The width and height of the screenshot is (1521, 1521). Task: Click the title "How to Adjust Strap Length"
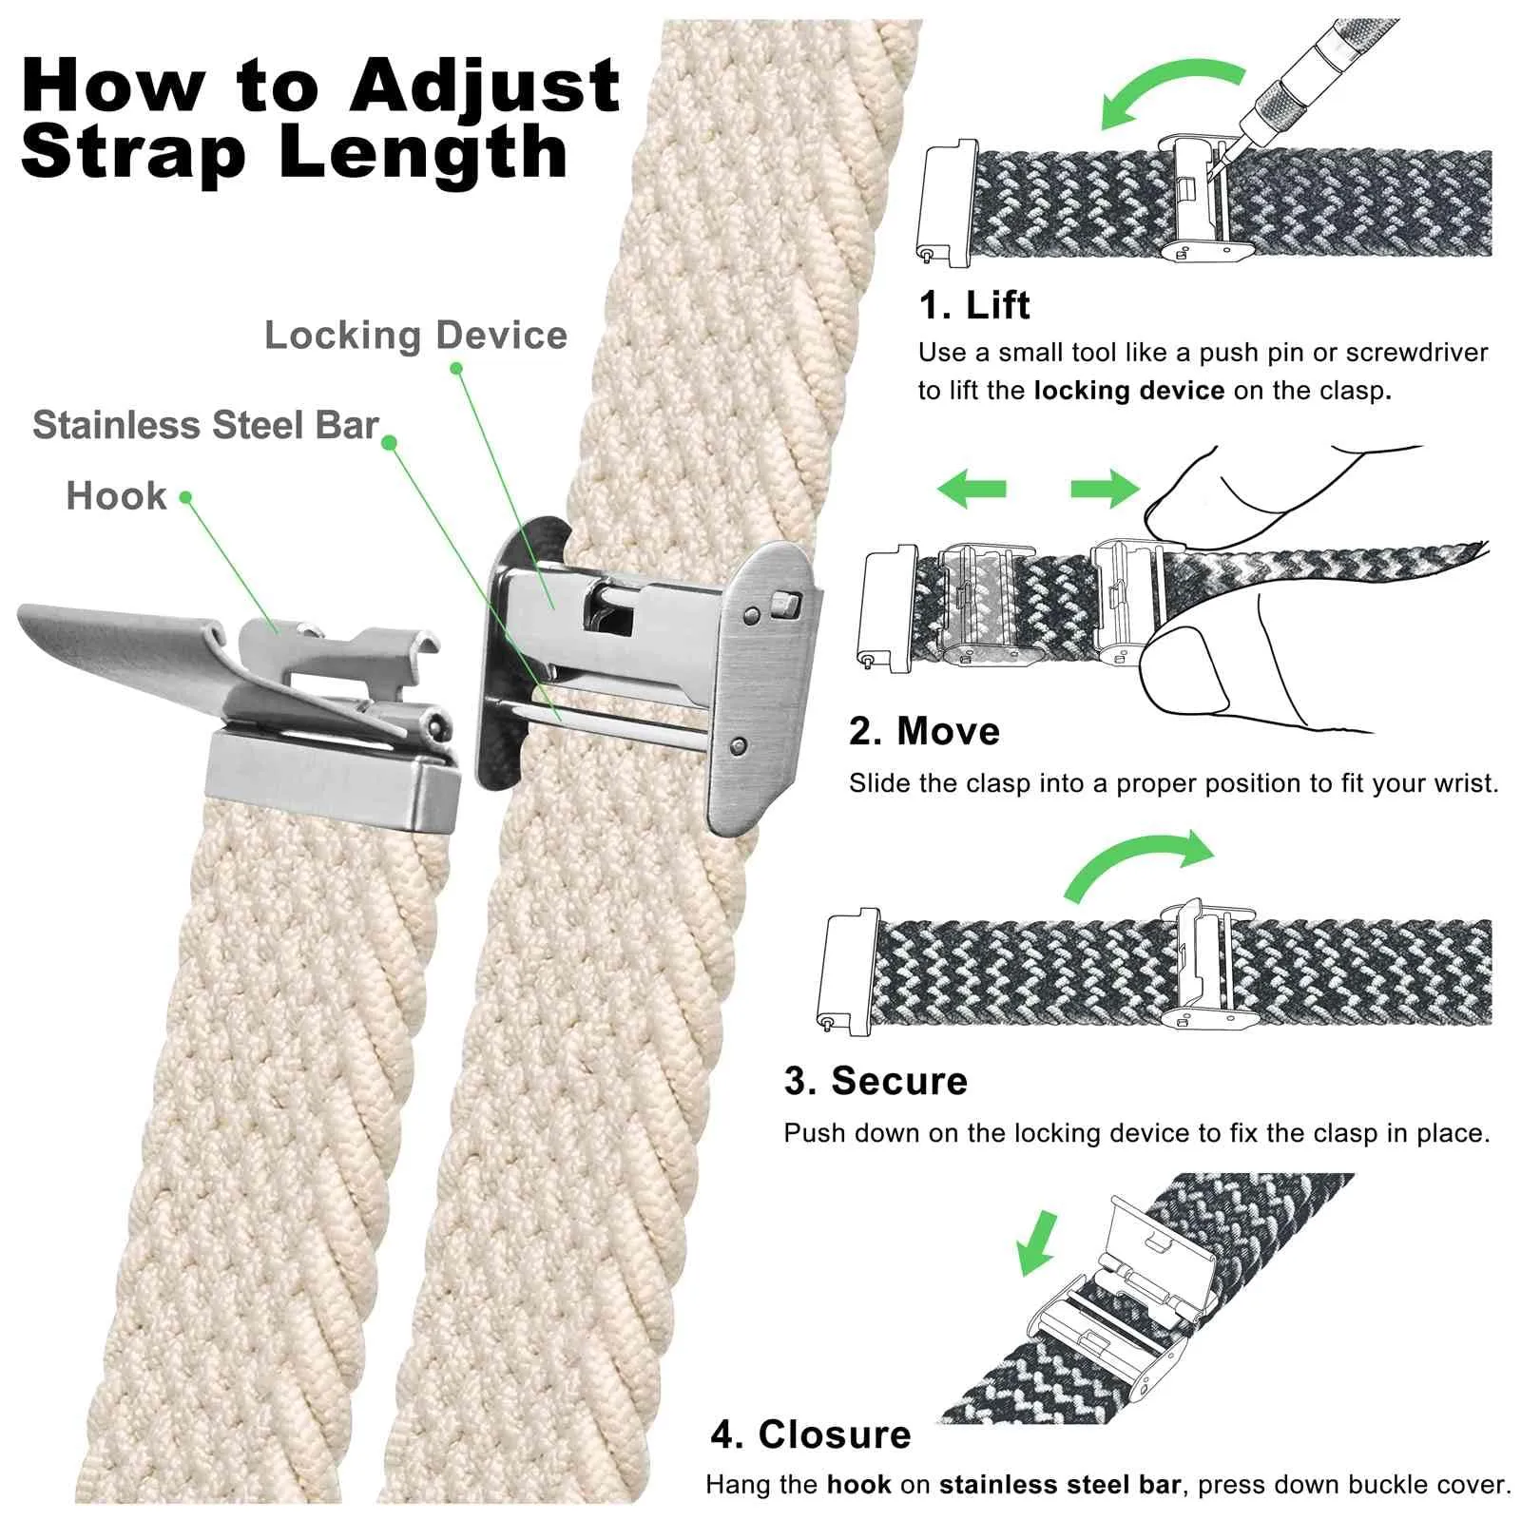320,119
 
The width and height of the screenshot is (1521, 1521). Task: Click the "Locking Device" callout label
415,335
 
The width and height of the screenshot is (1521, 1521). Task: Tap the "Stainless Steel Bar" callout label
205,425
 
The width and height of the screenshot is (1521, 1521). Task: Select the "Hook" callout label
116,496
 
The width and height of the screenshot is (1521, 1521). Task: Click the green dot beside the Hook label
185,497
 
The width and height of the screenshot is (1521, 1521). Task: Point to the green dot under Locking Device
456,368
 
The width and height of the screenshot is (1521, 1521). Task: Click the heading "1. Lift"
973,305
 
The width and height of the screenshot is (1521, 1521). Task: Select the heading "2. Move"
924,731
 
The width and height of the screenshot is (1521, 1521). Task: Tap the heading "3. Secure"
876,1081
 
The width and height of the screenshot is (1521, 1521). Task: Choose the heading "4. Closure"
811,1434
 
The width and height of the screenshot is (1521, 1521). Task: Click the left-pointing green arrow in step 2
971,489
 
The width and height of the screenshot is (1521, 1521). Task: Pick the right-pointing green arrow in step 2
1105,489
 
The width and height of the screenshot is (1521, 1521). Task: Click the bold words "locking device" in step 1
1128,391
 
